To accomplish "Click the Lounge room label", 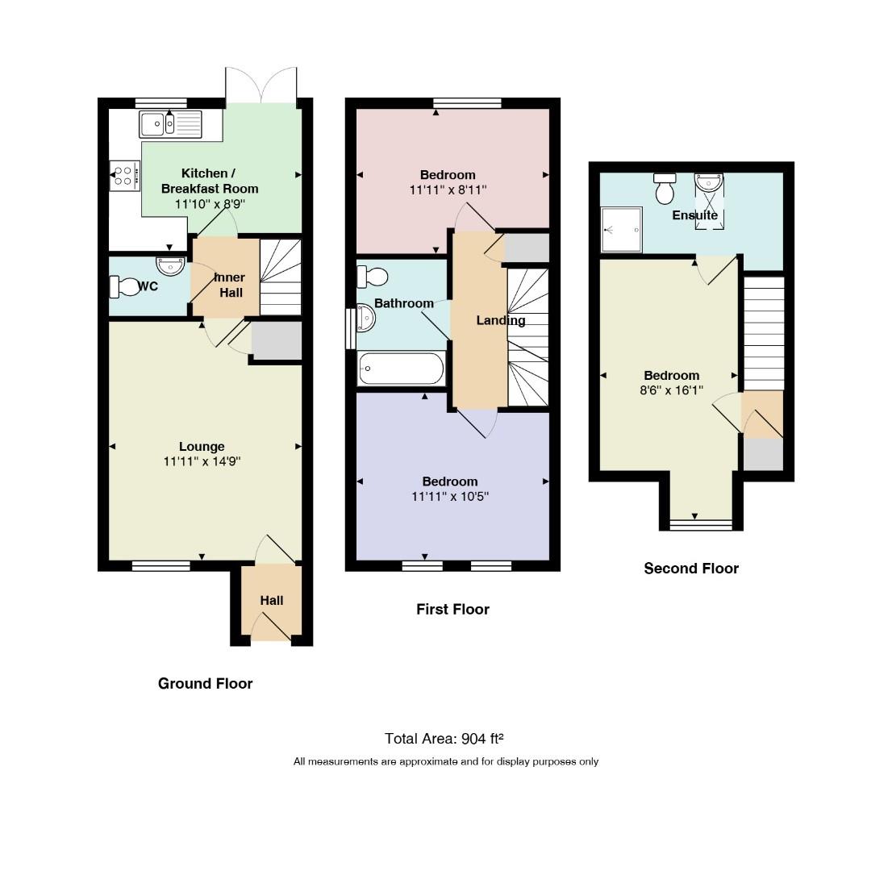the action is tap(202, 447).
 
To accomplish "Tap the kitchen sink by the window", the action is tap(170, 124).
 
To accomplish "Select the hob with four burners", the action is tap(124, 175).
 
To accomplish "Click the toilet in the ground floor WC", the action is tap(124, 287).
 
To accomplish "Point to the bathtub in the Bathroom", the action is tap(401, 369).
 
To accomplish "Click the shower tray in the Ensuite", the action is tap(622, 229).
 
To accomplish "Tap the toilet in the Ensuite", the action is tap(665, 189).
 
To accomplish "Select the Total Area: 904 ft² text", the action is tap(444, 739).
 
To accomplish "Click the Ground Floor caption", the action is tap(206, 683).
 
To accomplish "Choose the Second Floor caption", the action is tap(691, 569).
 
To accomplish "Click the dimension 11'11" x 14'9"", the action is tap(202, 461).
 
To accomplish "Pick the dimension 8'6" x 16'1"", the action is tap(671, 390).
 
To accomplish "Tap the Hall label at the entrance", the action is tap(272, 600).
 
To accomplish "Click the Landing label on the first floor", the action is tap(501, 320).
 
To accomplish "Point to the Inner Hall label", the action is tap(231, 285).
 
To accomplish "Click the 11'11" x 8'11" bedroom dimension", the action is tap(448, 190).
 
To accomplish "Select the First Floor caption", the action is tap(452, 610).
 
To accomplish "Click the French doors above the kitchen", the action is tap(261, 85).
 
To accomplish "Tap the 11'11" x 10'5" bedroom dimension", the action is tap(450, 497).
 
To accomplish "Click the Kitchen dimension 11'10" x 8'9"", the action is tap(210, 204).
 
